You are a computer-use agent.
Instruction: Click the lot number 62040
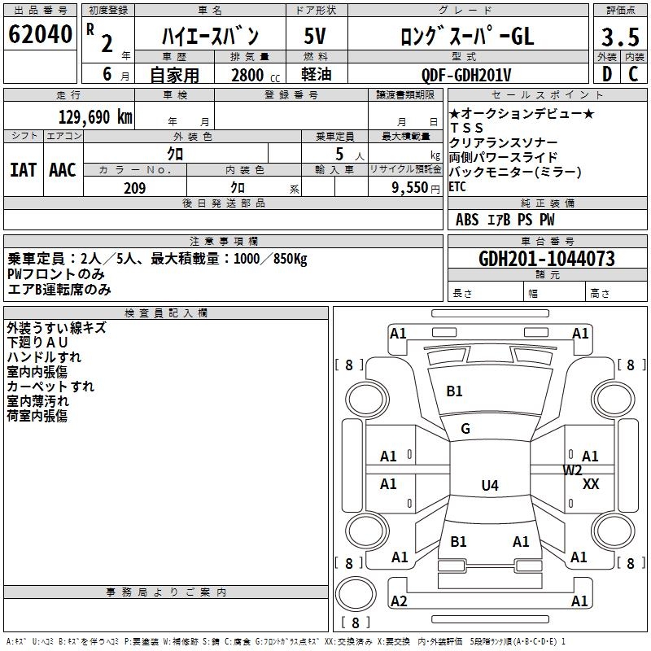(x=40, y=35)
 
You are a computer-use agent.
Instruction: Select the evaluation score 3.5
(x=619, y=38)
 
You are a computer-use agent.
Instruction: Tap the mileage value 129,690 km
(x=95, y=117)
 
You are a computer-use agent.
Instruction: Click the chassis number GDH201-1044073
(x=547, y=260)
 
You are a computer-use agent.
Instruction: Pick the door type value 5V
(x=316, y=36)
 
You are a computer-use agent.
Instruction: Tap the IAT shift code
(x=23, y=170)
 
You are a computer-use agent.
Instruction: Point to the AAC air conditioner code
(x=63, y=170)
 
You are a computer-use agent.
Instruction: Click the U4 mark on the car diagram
(x=489, y=486)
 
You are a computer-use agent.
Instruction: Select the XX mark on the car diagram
(x=592, y=484)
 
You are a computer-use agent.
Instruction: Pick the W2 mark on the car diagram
(x=573, y=470)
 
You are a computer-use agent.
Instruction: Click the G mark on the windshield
(x=465, y=429)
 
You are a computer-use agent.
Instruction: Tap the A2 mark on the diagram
(x=399, y=601)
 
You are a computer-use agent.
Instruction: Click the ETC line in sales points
(x=459, y=186)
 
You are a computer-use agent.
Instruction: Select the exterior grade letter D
(x=606, y=75)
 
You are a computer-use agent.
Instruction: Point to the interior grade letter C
(x=633, y=75)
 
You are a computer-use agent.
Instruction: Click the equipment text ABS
(x=467, y=220)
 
